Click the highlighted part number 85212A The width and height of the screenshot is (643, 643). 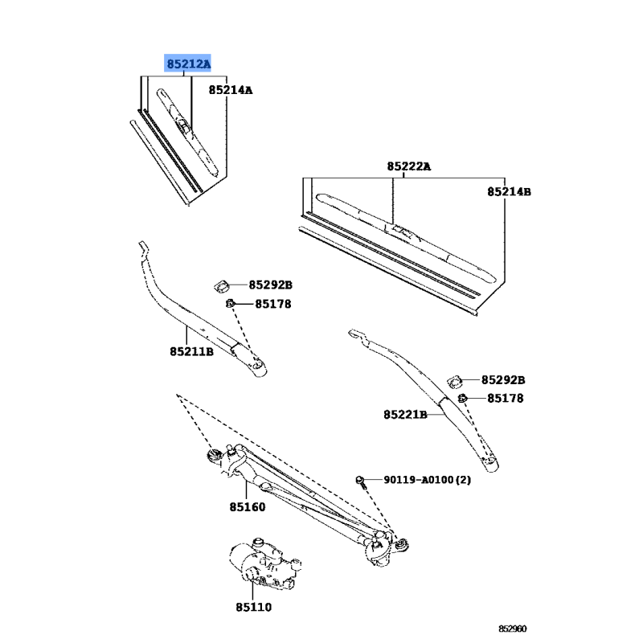point(188,64)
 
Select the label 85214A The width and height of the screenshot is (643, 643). point(231,90)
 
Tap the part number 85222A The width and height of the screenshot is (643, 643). point(409,166)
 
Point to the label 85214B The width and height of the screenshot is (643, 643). point(509,192)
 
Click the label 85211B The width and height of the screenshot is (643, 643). point(191,352)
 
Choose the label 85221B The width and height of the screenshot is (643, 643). point(405,415)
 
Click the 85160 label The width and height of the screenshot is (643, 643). point(248,507)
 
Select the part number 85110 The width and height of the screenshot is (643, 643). point(253,608)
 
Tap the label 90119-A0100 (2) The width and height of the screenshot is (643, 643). point(428,480)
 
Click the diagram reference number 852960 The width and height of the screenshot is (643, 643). point(513,629)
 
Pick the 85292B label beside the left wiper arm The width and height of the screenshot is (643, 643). point(271,285)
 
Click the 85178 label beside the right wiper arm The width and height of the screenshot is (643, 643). point(506,399)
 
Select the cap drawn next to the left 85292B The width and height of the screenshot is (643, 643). point(222,286)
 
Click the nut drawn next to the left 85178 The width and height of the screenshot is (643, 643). point(230,304)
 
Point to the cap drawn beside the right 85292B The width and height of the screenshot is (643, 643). point(454,381)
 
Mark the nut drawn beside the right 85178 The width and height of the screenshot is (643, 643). point(462,398)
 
